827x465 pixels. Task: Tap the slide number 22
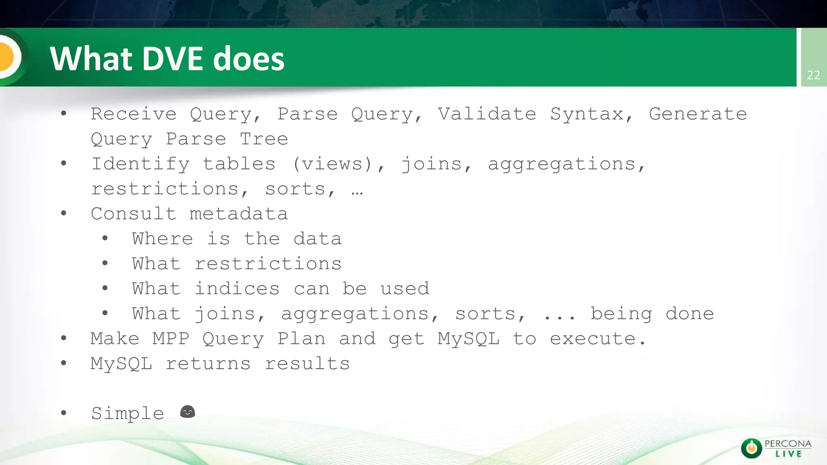tap(813, 75)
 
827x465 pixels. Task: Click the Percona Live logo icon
tap(751, 448)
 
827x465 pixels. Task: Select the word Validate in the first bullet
tap(487, 114)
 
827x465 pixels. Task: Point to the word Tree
tap(264, 139)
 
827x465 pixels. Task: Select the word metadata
tap(239, 214)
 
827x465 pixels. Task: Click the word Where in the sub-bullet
tap(162, 239)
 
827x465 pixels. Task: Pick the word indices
tap(237, 289)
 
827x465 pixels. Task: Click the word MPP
tap(171, 339)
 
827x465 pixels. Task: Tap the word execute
tap(597, 339)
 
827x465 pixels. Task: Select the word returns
tap(208, 364)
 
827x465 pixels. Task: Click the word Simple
tap(128, 414)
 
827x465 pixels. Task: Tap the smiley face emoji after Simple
tap(187, 412)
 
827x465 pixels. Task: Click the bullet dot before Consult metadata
tap(63, 214)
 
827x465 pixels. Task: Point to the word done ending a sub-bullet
tap(690, 314)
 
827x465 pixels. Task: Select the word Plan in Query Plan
tap(301, 339)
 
